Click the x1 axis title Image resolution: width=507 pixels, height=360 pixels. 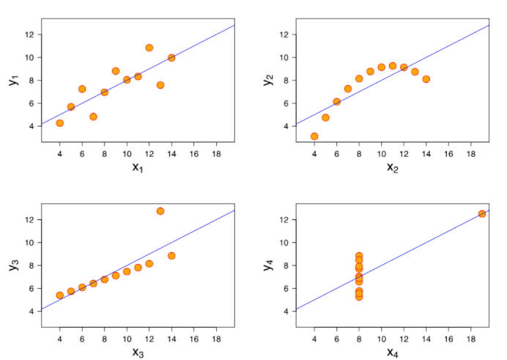click(137, 167)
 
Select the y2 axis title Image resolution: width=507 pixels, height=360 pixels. click(268, 78)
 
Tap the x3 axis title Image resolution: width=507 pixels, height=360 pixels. click(137, 352)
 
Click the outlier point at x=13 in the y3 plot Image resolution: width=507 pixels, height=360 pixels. click(160, 211)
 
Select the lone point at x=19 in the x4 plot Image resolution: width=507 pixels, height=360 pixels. click(482, 214)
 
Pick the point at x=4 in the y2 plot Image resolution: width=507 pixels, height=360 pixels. click(314, 136)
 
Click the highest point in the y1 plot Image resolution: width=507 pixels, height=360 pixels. click(149, 48)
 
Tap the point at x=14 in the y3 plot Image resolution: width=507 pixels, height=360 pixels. click(171, 256)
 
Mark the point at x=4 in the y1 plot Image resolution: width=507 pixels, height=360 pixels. click(60, 123)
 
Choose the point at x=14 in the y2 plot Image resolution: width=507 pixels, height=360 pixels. click(426, 79)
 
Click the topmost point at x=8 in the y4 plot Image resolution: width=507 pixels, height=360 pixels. click(359, 256)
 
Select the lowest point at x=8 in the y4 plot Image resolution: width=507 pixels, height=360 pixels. click(359, 296)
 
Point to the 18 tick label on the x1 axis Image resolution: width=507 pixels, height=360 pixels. click(216, 154)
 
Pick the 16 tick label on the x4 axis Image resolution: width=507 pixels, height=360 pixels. click(448, 339)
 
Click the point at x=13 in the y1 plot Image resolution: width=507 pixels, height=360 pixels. click(160, 85)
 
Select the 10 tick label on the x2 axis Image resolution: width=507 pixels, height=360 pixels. click(381, 154)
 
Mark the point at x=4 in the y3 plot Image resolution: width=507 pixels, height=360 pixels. click(60, 295)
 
